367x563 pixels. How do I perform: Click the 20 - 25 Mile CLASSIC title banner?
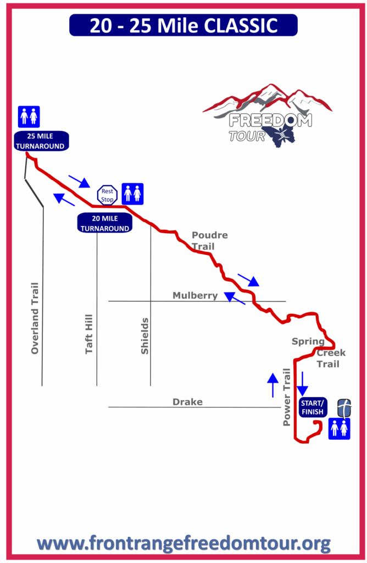pos(183,25)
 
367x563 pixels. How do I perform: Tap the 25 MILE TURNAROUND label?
pos(41,141)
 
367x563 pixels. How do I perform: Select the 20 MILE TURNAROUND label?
pos(105,223)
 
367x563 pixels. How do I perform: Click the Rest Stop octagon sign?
pos(107,195)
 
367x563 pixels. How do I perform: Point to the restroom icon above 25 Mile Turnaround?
pos(29,117)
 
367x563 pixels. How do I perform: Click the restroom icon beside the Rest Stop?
pos(133,194)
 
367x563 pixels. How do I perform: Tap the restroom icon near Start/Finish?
pos(340,429)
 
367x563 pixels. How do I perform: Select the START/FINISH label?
pos(313,407)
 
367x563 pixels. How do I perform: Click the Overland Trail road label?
pos(35,318)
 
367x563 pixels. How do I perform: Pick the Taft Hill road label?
pos(89,334)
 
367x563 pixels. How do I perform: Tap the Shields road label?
pos(144,336)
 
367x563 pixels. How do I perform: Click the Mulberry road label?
pos(195,295)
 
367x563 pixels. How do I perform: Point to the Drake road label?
pos(188,402)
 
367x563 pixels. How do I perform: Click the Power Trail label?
pos(287,397)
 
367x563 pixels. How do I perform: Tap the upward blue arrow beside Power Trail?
pos(273,385)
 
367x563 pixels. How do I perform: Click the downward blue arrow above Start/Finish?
pos(302,383)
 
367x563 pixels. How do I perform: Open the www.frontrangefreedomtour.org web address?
pos(183,544)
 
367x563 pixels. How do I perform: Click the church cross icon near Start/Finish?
pos(344,408)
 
